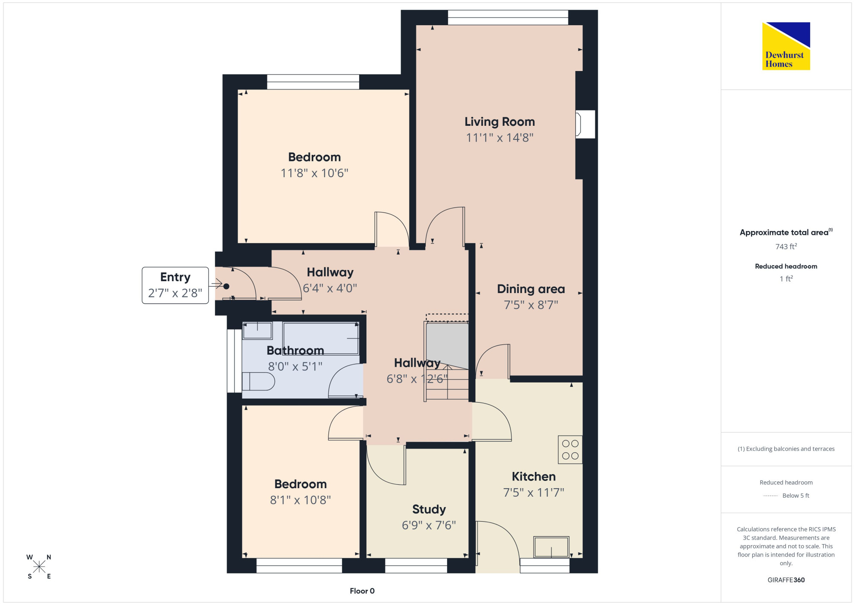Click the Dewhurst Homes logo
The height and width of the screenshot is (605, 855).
click(786, 46)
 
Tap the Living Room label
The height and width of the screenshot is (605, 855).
click(500, 122)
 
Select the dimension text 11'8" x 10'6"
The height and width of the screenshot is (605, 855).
click(314, 173)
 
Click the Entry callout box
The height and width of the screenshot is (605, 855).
click(175, 285)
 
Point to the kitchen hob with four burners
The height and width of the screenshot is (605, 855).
click(570, 450)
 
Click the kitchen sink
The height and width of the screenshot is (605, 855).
click(551, 547)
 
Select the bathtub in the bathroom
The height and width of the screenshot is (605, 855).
click(321, 338)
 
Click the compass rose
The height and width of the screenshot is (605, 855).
click(39, 566)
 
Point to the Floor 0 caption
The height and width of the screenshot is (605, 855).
click(362, 591)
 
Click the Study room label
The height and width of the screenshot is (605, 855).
click(429, 509)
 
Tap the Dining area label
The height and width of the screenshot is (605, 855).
click(531, 289)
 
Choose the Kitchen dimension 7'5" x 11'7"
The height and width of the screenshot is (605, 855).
click(534, 492)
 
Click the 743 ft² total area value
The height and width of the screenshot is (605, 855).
click(786, 246)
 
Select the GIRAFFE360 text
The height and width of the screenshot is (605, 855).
click(786, 580)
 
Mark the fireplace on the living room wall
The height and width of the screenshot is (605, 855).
click(585, 124)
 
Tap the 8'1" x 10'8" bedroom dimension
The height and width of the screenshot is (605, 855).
click(301, 500)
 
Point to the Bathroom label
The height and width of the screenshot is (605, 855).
click(295, 350)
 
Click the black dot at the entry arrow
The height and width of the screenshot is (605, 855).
click(226, 286)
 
